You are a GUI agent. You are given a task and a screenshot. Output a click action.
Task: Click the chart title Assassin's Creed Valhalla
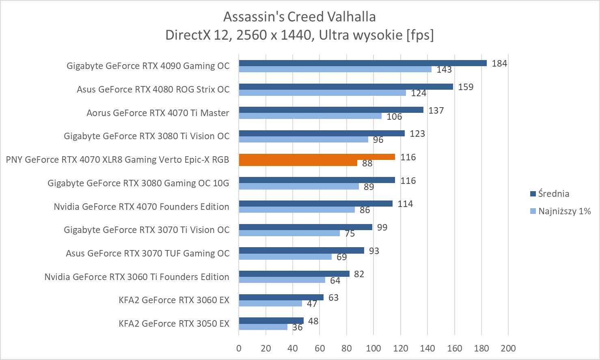tap(299, 17)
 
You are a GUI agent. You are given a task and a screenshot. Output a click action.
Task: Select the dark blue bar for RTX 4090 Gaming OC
tap(363, 63)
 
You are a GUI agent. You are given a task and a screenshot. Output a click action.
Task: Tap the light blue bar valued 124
tap(322, 93)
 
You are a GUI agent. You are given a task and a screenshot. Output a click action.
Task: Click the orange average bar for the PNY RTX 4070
tap(317, 157)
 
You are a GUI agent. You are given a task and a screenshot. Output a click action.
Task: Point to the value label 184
tap(499, 63)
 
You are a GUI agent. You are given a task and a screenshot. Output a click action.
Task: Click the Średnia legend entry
tap(553, 194)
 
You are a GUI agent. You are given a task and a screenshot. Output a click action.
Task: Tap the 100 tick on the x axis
tap(373, 348)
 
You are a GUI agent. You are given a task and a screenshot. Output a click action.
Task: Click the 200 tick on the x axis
tap(508, 348)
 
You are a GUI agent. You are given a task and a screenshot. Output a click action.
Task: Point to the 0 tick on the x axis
tap(239, 348)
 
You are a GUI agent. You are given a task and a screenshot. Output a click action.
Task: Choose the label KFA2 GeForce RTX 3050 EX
tap(174, 323)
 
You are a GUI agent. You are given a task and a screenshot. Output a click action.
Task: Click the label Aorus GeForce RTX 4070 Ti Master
tap(158, 113)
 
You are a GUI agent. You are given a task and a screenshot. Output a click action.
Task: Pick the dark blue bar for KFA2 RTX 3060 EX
tap(281, 297)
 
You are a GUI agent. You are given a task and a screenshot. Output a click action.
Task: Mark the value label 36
tap(297, 327)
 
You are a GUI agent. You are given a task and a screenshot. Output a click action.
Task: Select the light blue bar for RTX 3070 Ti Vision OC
tap(289, 233)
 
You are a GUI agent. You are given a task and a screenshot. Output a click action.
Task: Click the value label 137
tap(436, 110)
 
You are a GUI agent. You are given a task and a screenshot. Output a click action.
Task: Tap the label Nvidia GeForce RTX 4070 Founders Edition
tap(141, 207)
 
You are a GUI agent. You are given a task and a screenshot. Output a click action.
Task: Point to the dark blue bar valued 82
tap(294, 274)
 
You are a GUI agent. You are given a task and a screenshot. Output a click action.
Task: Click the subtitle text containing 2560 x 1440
tap(299, 35)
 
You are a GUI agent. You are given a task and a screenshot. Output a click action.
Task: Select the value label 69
tap(341, 257)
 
